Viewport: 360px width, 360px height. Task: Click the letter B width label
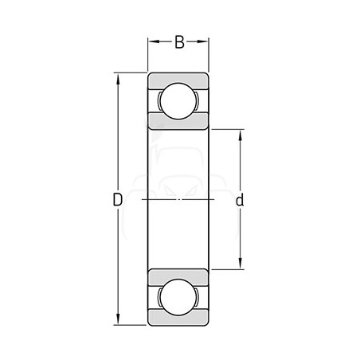coord(179,42)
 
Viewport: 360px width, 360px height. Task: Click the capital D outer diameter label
coord(118,200)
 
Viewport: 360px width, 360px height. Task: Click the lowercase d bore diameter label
coord(240,200)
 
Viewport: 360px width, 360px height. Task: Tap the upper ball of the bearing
coord(178,101)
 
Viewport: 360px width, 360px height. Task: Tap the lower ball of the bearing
coord(178,297)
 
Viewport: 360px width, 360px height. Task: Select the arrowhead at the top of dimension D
coord(118,79)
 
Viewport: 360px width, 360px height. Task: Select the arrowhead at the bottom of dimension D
coord(118,319)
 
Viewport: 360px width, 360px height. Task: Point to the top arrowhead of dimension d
coord(241,135)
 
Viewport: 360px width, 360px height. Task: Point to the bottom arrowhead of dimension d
coord(241,264)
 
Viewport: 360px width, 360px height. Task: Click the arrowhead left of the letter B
coord(154,41)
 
